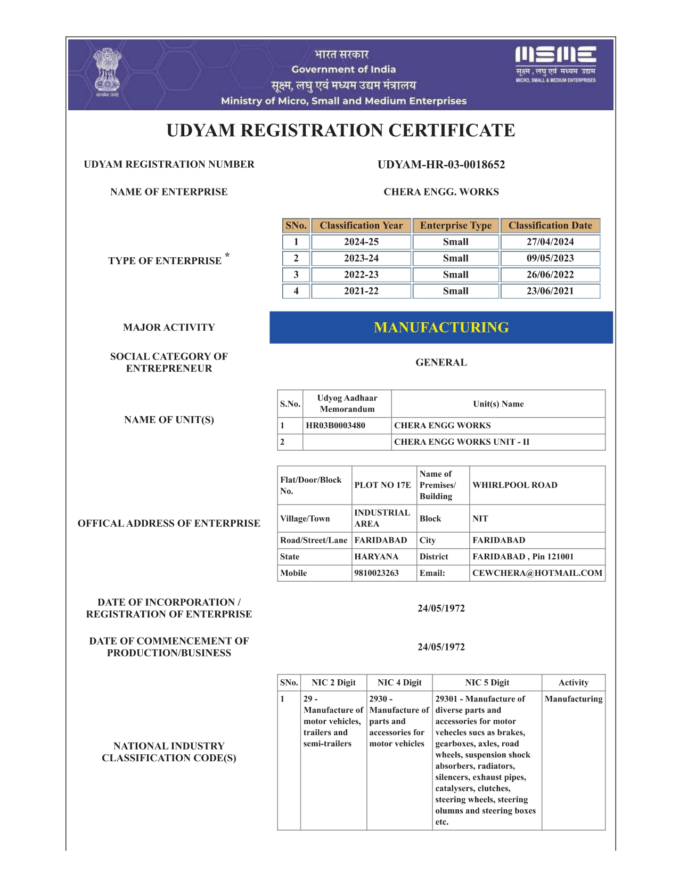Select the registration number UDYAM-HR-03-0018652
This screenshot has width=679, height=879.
coord(441,165)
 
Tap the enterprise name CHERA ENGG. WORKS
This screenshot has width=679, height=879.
coord(441,192)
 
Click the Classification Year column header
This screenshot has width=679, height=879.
coord(361,225)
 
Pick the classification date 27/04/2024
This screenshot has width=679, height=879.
coord(550,242)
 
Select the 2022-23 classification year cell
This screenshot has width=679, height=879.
coord(361,275)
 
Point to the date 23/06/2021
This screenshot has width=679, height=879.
coord(550,291)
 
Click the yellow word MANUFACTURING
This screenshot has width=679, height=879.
coord(441,328)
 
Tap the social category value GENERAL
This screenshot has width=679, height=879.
coord(441,362)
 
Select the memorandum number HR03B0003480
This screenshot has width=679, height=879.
coord(336,426)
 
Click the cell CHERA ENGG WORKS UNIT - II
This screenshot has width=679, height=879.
coord(462,442)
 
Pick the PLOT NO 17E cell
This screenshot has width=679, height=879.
coord(383,485)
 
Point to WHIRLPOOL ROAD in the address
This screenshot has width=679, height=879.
coord(515,485)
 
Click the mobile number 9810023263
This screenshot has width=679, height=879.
coord(377,573)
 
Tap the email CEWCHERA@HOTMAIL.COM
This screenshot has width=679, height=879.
coord(537,573)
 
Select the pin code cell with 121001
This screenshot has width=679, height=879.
coord(523,557)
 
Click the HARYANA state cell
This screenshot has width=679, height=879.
coord(377,557)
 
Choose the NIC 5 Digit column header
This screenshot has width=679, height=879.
coord(487,683)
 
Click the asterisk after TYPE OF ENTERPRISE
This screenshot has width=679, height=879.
coord(227,256)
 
